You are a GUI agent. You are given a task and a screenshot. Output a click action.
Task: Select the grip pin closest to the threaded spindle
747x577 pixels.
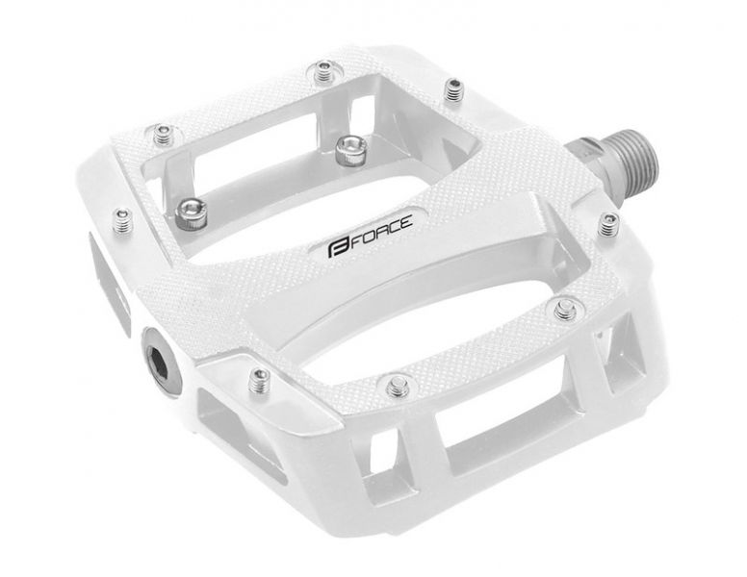(x=607, y=225)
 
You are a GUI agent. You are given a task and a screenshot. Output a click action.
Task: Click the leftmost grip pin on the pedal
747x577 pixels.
(x=124, y=221)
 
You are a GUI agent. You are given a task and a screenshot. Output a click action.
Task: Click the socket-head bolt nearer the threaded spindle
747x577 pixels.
(x=350, y=149)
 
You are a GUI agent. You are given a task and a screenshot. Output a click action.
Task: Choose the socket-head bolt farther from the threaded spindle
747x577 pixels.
(x=190, y=213)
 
